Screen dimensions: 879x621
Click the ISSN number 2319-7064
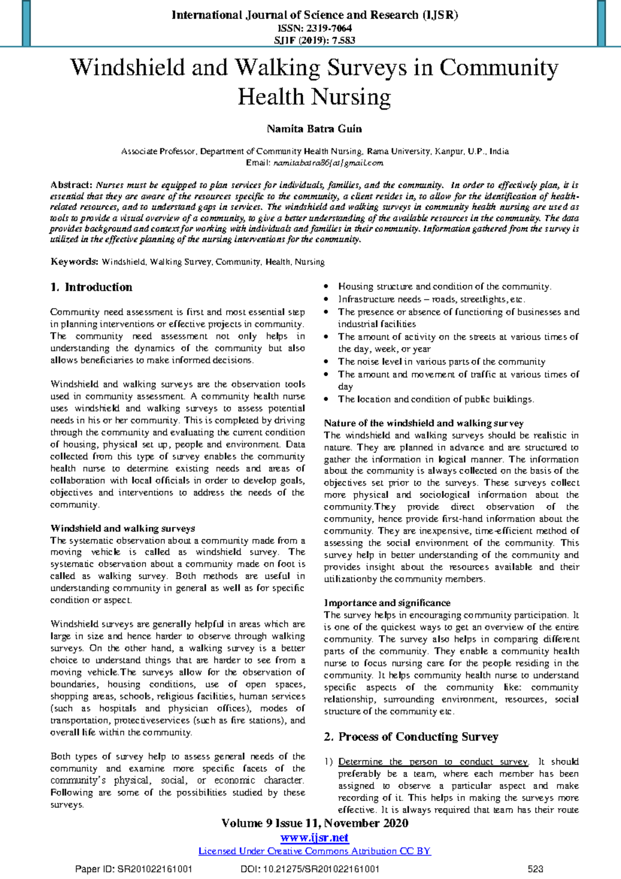329,28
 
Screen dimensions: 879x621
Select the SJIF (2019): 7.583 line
314,40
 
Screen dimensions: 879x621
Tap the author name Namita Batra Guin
314,129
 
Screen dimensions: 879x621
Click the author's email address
328,163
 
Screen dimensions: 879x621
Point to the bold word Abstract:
71,185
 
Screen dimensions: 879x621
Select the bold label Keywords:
74,262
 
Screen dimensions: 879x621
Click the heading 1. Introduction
92,287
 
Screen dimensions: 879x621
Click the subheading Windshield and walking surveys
123,529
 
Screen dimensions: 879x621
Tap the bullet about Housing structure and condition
444,287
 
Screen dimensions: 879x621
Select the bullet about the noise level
441,362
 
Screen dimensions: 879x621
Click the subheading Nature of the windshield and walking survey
423,423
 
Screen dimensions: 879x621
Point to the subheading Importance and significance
387,603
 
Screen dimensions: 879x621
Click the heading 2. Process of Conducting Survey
411,737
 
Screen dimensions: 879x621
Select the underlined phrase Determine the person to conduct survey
433,762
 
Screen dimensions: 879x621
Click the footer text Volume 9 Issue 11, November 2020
314,824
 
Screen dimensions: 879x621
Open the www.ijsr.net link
314,838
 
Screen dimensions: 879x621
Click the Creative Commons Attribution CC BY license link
314,851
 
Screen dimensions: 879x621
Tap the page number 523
535,869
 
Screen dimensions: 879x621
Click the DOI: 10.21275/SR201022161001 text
310,869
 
